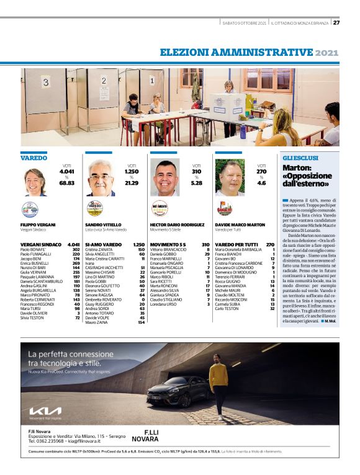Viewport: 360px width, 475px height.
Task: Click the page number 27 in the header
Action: [336, 23]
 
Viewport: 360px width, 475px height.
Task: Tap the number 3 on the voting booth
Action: [45, 82]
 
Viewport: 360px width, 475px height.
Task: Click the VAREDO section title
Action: [34, 158]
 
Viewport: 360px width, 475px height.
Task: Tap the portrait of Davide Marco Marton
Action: [230, 178]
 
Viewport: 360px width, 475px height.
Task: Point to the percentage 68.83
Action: [67, 184]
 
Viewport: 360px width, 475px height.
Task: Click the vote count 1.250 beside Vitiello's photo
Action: [132, 171]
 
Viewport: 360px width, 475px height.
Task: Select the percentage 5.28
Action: [197, 184]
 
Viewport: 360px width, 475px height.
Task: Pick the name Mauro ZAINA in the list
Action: [97, 322]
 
